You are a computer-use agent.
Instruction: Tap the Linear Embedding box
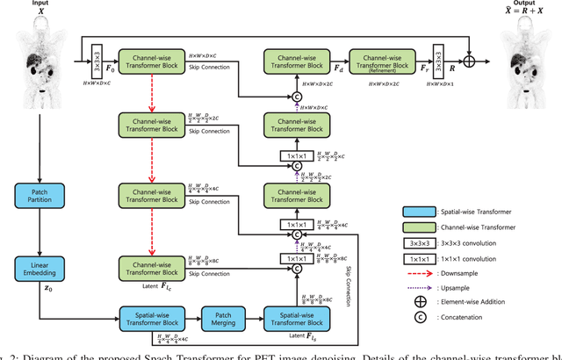point(42,269)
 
